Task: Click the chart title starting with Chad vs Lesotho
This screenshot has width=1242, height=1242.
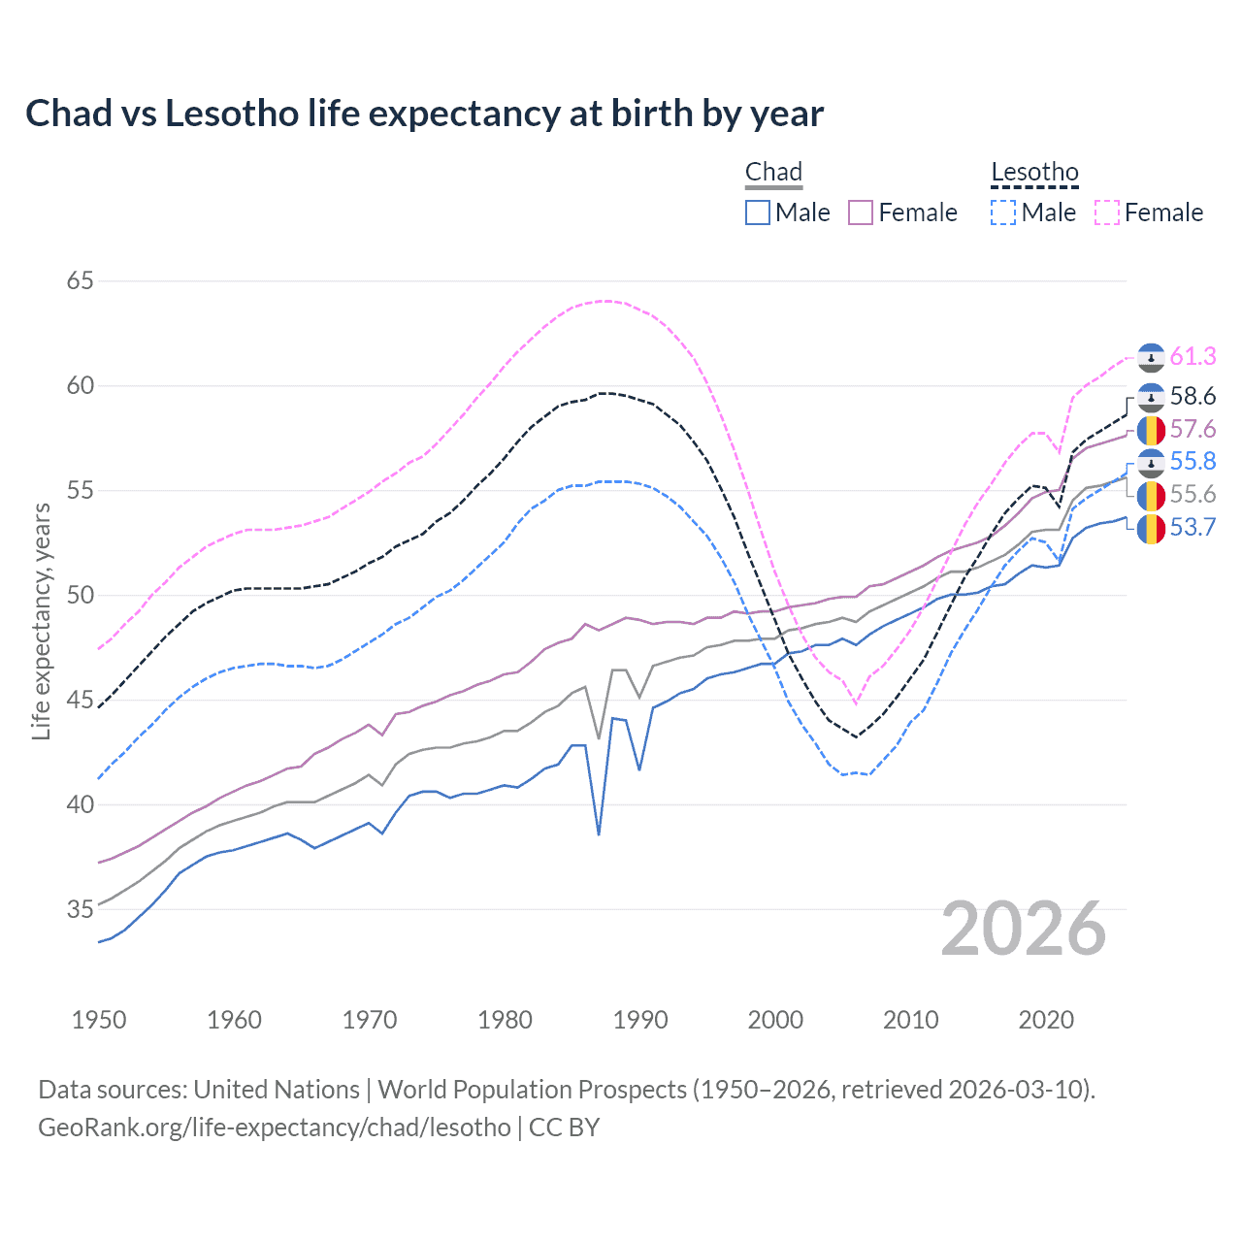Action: point(424,114)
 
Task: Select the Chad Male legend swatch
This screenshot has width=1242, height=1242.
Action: point(758,212)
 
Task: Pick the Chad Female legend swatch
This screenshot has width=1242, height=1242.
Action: point(861,212)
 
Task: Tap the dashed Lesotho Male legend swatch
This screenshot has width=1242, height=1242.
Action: point(1003,212)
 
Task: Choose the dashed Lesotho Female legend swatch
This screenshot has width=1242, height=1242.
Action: point(1106,212)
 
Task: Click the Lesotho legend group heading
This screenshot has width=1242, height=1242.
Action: point(1034,173)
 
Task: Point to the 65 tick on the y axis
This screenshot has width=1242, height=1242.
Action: point(81,281)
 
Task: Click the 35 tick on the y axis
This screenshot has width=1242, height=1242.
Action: point(81,910)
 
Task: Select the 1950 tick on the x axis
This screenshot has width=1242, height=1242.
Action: point(99,1020)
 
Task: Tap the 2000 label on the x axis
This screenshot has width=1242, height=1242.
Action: point(774,1020)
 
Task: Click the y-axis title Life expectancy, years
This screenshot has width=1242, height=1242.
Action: point(41,621)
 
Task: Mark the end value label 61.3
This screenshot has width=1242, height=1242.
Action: point(1193,357)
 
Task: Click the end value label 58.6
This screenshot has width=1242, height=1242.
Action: point(1193,397)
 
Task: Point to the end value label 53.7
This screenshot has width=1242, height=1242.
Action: point(1193,528)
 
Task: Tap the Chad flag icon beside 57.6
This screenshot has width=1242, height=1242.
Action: point(1151,430)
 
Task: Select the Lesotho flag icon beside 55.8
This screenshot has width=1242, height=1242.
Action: point(1151,463)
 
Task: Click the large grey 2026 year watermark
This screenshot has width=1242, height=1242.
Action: point(1023,929)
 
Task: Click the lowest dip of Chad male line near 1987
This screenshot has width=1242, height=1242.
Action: point(599,833)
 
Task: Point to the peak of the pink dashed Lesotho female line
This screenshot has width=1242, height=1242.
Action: point(606,301)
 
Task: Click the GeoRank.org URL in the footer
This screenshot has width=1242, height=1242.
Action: point(274,1128)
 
